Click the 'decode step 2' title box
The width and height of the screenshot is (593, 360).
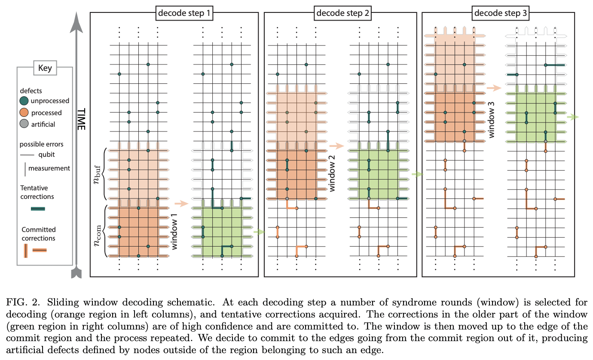click(342, 13)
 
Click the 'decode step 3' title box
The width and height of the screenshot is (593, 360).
click(501, 13)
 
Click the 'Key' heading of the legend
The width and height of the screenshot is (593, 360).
click(45, 67)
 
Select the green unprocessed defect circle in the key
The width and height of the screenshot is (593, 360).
click(25, 101)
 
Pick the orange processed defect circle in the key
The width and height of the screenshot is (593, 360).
click(25, 113)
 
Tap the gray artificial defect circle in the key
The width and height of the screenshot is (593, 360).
click(25, 124)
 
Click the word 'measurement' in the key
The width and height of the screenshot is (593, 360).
click(49, 168)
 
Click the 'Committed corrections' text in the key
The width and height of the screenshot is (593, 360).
click(39, 234)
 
